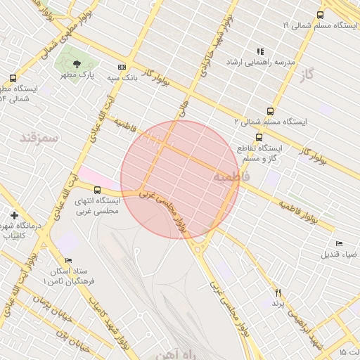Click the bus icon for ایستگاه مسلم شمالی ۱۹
click(321, 14)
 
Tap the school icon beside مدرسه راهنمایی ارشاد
click(260, 51)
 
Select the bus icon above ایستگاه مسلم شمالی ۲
click(270, 111)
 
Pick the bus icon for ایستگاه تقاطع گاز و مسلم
click(259, 137)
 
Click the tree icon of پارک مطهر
click(78, 63)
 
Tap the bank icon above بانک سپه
click(122, 67)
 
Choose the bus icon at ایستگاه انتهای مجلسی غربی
click(97, 189)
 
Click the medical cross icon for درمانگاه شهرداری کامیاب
click(15, 215)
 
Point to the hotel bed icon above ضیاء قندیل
click(340, 243)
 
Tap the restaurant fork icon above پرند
click(278, 292)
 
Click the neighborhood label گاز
click(306, 74)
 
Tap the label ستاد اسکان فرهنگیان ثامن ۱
click(67, 276)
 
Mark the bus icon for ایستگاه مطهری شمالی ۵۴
click(13, 79)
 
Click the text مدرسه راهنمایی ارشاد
click(254, 63)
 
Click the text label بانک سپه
click(122, 78)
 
